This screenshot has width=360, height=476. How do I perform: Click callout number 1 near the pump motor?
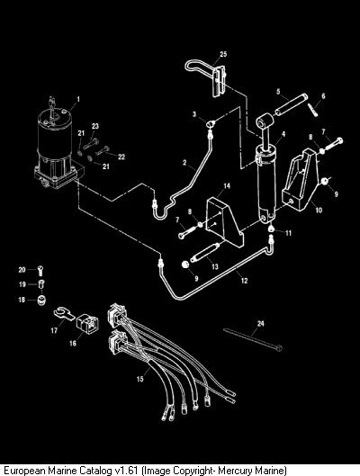click(78, 99)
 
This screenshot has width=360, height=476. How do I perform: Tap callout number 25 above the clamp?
click(223, 54)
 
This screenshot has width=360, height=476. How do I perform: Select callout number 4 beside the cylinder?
click(283, 134)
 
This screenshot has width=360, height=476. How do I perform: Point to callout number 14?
click(227, 185)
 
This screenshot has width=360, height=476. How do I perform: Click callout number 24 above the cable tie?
click(260, 324)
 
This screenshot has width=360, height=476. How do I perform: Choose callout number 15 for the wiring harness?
click(139, 379)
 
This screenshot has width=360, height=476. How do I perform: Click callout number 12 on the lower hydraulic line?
click(245, 281)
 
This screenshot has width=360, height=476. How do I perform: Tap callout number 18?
click(22, 300)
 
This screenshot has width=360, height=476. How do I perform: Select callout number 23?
click(95, 126)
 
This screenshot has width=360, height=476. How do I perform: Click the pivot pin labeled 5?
click(292, 105)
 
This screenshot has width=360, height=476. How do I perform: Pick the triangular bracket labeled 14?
click(225, 221)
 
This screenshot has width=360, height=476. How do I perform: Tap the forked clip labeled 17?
click(64, 313)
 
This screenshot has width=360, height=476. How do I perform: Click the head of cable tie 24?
click(279, 348)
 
